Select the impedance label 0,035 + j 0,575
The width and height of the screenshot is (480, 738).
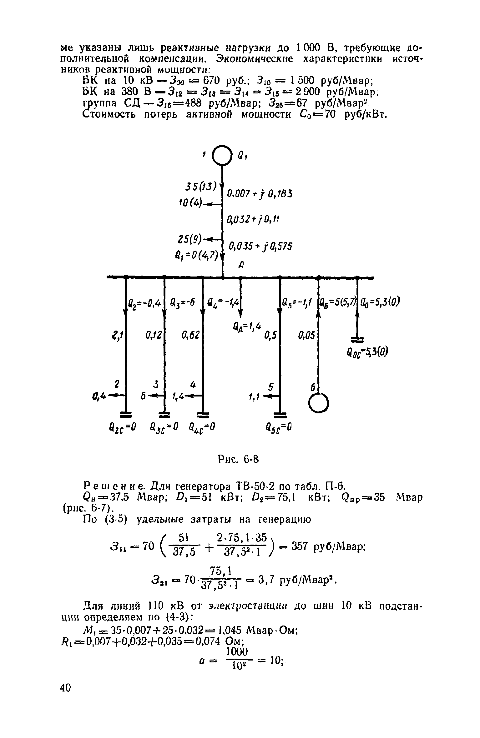[x=260, y=247]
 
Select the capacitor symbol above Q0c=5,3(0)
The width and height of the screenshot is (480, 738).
[x=357, y=339]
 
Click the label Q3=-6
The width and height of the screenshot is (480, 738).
[x=183, y=302]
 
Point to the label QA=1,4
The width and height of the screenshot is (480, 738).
[x=245, y=328]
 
